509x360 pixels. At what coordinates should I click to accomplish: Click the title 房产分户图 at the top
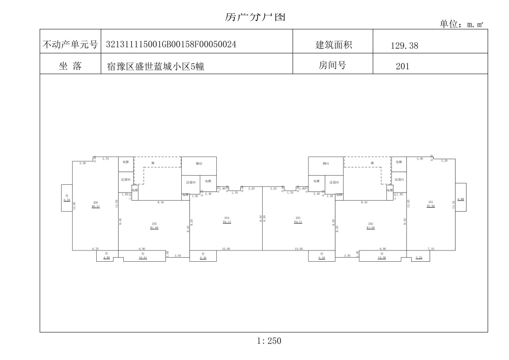pyautogui.click(x=254, y=17)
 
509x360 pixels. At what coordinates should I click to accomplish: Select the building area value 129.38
pyautogui.click(x=404, y=46)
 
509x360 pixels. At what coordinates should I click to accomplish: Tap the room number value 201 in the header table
pyautogui.click(x=402, y=66)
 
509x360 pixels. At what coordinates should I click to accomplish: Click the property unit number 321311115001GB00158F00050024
pyautogui.click(x=171, y=45)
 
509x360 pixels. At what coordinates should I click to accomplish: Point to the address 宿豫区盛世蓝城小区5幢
pyautogui.click(x=155, y=66)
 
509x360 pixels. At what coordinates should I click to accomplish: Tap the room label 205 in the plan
pyautogui.click(x=154, y=224)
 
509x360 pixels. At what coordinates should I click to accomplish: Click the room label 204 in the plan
pyautogui.click(x=227, y=218)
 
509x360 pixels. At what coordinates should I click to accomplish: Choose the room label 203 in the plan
pyautogui.click(x=298, y=218)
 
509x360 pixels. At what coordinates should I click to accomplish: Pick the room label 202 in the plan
pyautogui.click(x=371, y=224)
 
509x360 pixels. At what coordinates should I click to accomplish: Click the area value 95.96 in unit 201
pyautogui.click(x=431, y=207)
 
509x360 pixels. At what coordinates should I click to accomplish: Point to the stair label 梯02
pyautogui.click(x=199, y=163)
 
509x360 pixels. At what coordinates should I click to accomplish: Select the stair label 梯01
pyautogui.click(x=326, y=163)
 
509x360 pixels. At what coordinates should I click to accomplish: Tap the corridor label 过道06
pyautogui.click(x=125, y=180)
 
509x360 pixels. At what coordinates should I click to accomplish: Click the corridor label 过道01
pyautogui.click(x=399, y=180)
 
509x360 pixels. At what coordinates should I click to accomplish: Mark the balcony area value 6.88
pyautogui.click(x=460, y=199)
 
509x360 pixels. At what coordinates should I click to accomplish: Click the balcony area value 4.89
pyautogui.click(x=106, y=258)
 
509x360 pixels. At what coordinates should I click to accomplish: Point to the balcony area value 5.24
pyautogui.click(x=419, y=258)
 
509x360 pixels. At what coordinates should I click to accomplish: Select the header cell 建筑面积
pyautogui.click(x=333, y=45)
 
